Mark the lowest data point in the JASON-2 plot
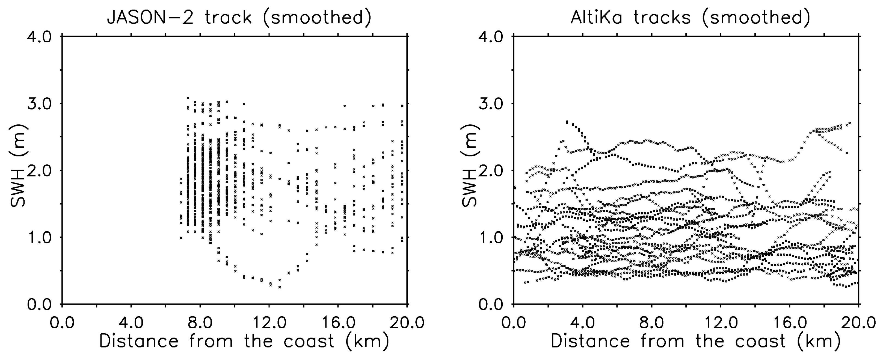[280, 287]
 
